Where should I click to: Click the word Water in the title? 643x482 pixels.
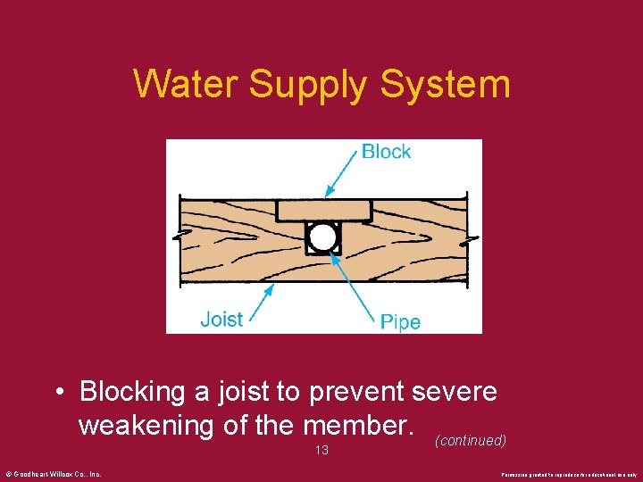(x=186, y=85)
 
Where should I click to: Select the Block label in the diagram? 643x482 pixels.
(x=386, y=152)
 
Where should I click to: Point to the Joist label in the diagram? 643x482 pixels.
(x=221, y=319)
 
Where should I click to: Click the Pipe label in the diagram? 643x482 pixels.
(x=399, y=321)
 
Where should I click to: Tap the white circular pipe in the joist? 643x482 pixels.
(x=322, y=237)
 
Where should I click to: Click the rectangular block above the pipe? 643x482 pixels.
(x=323, y=211)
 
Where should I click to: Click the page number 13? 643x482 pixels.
(x=321, y=451)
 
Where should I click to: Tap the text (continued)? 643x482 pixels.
(x=471, y=441)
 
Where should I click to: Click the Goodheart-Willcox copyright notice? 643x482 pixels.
(x=53, y=474)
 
